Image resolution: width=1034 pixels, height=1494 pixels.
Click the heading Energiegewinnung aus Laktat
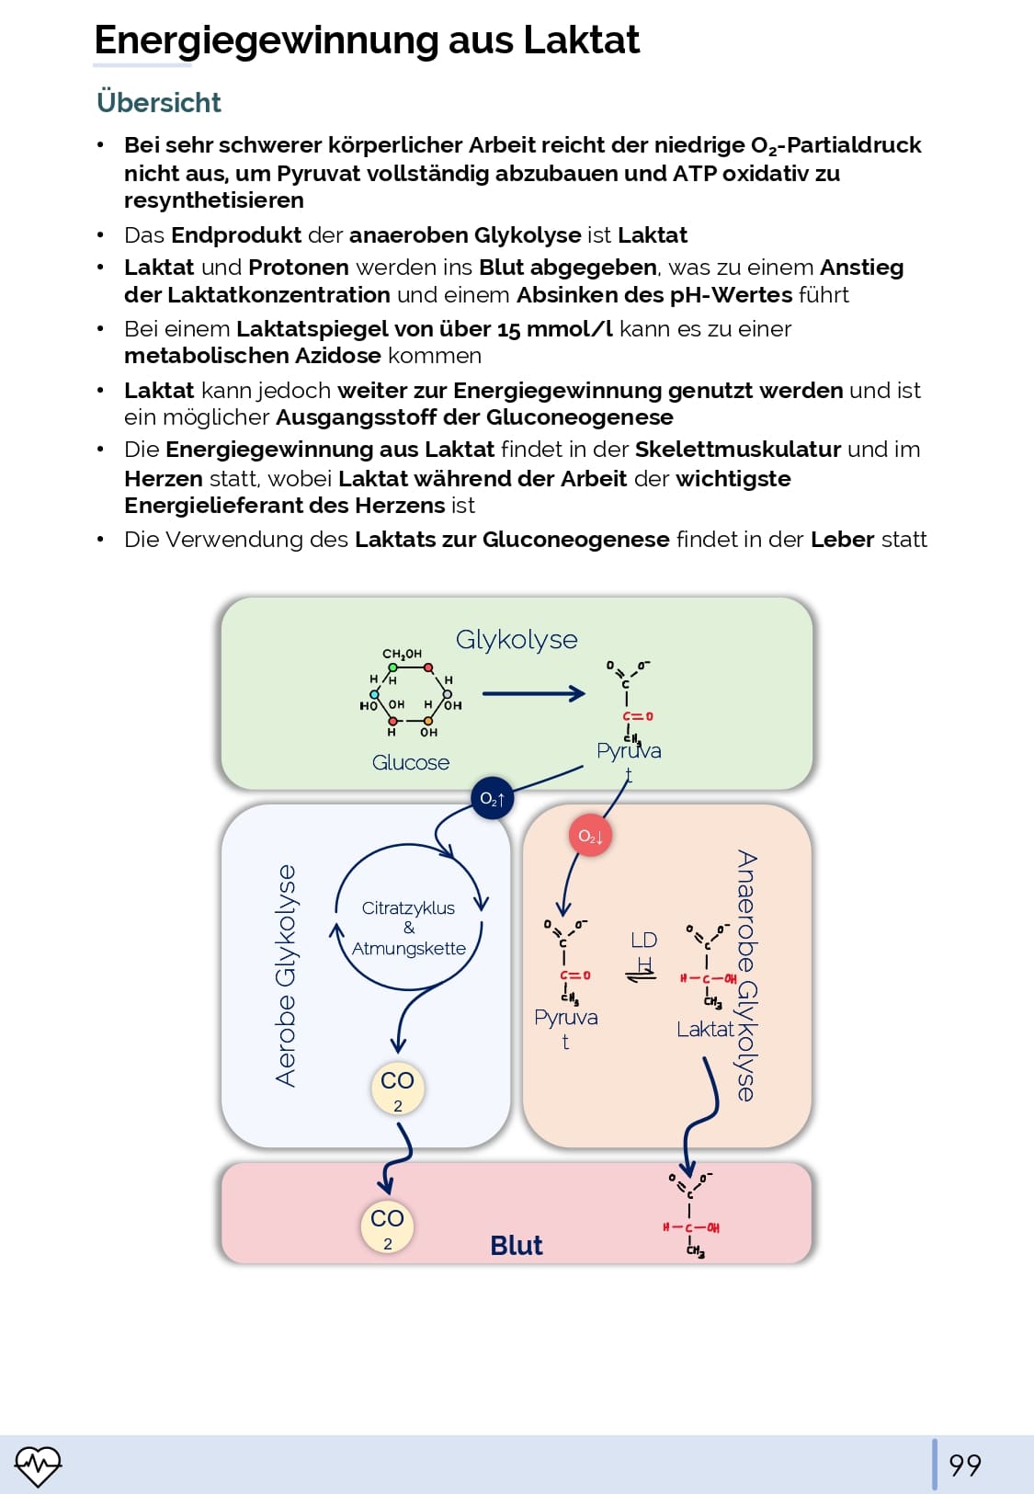(x=367, y=40)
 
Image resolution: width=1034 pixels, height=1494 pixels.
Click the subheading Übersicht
(x=159, y=102)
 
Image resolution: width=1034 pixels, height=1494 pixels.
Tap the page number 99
(x=964, y=1465)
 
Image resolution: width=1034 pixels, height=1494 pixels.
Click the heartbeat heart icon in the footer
(x=38, y=1465)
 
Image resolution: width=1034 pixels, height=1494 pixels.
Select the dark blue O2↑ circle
(x=492, y=798)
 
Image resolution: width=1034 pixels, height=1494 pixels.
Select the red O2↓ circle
(x=590, y=836)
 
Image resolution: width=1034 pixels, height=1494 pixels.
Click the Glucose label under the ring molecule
(x=411, y=762)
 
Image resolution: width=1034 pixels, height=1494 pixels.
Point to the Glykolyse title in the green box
(x=517, y=639)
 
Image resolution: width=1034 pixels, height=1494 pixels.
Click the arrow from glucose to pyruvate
(x=533, y=693)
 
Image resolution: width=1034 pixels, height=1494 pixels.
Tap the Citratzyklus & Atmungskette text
(x=409, y=928)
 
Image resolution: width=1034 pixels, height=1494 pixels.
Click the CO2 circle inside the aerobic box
(x=397, y=1088)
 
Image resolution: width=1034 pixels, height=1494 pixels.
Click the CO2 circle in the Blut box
(x=387, y=1226)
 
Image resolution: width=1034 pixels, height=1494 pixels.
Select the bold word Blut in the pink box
(x=516, y=1245)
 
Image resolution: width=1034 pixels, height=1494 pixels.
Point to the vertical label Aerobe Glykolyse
(x=286, y=975)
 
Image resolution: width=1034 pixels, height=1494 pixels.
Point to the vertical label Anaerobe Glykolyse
(x=746, y=975)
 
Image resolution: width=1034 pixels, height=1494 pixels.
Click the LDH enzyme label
(x=643, y=951)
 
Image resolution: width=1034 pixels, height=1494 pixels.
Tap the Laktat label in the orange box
(x=705, y=1029)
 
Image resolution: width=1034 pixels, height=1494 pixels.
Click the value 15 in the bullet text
(x=506, y=329)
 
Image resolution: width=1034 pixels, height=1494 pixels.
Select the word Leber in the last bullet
(x=841, y=540)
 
